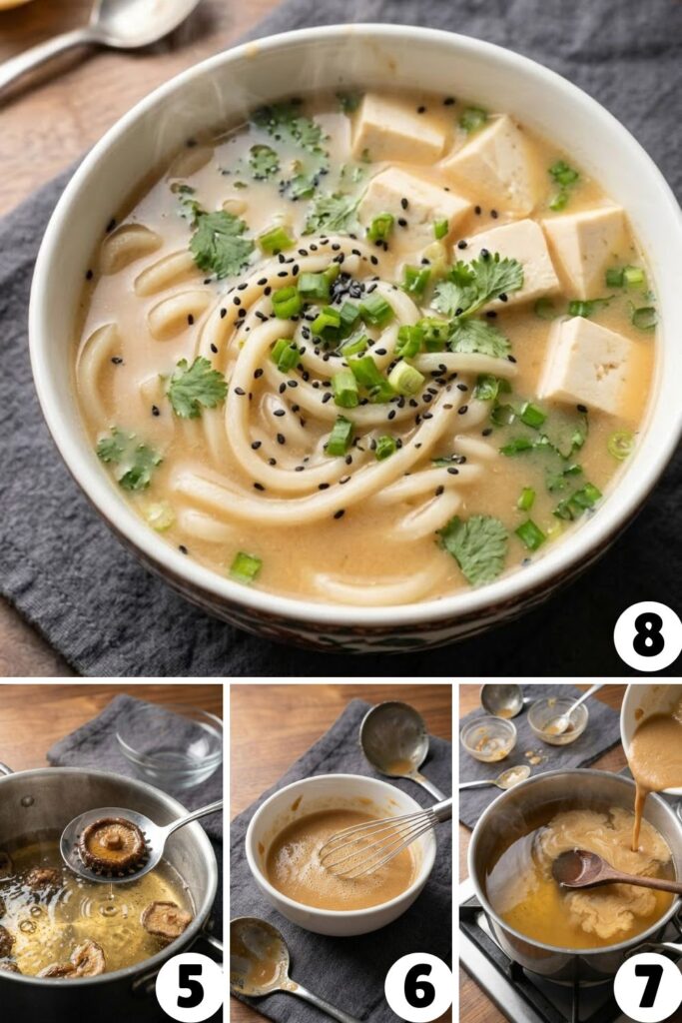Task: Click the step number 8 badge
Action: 647,636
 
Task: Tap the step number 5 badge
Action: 189,987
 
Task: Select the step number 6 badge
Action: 417,987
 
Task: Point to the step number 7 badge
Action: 647,987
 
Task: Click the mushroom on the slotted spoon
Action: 113,845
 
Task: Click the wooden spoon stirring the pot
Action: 599,870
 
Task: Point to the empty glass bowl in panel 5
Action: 170,744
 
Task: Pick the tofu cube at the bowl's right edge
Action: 588,364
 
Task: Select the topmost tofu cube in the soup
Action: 397,127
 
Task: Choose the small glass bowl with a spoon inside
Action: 557,719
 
